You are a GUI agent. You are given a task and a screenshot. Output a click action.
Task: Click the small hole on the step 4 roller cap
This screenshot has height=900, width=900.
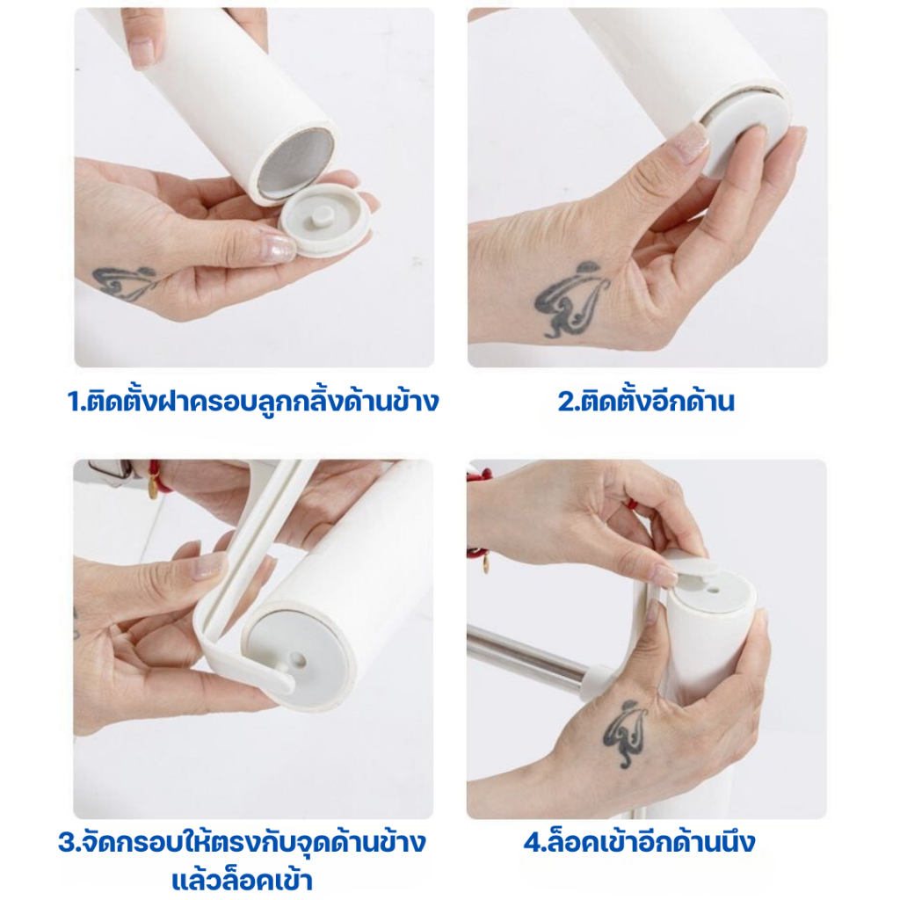712,589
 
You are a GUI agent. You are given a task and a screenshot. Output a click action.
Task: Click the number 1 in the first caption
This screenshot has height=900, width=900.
74,401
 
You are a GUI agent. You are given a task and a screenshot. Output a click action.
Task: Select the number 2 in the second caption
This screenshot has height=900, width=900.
565,401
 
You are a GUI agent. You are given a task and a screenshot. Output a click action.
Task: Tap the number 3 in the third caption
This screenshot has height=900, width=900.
66,843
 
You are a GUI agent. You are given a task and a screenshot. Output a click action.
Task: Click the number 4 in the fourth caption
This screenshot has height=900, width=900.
532,843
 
